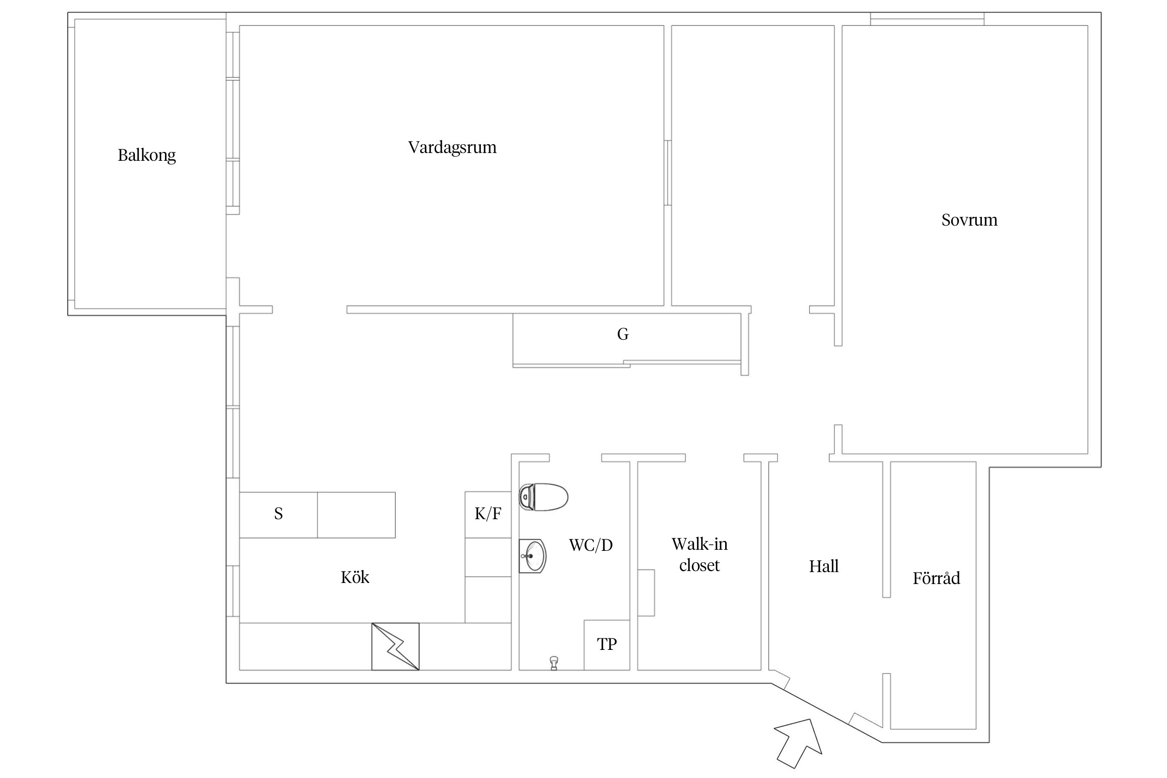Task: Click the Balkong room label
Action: (x=147, y=155)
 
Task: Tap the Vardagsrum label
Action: (x=452, y=148)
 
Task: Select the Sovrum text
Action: (x=969, y=220)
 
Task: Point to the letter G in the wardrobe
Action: (x=623, y=334)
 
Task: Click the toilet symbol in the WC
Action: (x=544, y=497)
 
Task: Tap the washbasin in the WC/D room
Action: (x=533, y=556)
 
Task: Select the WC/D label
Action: (x=591, y=545)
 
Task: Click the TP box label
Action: (x=607, y=644)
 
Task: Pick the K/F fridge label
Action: (x=488, y=513)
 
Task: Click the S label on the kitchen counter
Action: (x=279, y=513)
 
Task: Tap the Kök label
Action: (x=355, y=577)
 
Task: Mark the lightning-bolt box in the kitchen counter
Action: (x=395, y=646)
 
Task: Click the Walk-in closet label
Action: (x=700, y=554)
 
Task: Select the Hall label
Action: (x=824, y=566)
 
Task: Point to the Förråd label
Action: (x=936, y=578)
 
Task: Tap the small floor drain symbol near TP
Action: (x=554, y=663)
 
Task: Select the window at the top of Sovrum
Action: (x=927, y=19)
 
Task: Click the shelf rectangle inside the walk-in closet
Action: (x=646, y=593)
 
